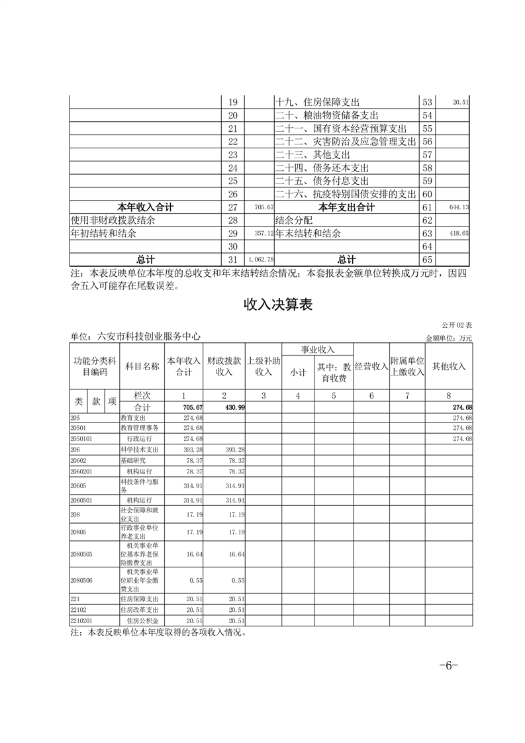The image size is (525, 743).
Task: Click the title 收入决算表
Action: (277, 305)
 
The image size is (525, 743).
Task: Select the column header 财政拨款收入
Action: (224, 366)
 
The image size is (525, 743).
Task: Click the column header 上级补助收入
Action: (263, 366)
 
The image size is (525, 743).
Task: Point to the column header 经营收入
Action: (371, 366)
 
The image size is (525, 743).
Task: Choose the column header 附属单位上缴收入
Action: (406, 366)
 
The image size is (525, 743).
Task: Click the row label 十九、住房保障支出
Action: (317, 102)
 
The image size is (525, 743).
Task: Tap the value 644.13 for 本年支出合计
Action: (458, 207)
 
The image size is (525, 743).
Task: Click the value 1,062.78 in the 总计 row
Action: (260, 260)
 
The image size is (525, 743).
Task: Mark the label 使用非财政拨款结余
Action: (113, 220)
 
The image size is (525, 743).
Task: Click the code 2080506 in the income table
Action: (81, 579)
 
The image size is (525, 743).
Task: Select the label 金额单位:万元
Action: (449, 338)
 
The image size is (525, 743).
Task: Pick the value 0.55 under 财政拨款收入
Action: (238, 579)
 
